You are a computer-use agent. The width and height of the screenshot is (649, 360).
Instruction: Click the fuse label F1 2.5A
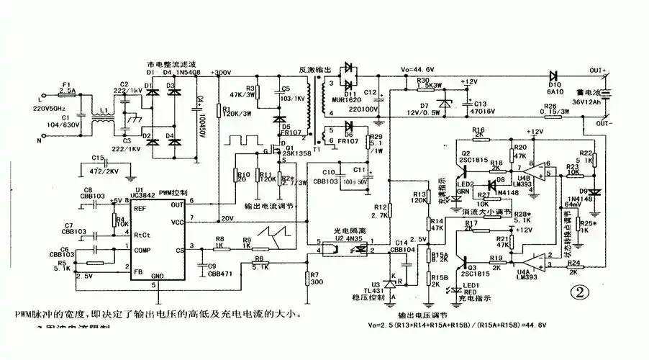[x=67, y=88]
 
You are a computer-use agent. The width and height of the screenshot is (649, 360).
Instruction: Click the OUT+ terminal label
[x=599, y=69]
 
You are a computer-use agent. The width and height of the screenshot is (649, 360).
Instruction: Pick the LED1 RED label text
[x=471, y=289]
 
